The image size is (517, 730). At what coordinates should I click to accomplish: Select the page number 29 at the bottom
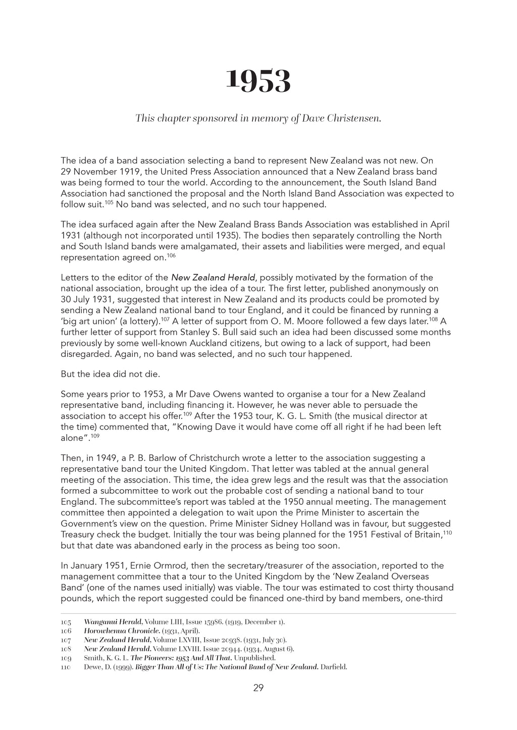click(x=258, y=688)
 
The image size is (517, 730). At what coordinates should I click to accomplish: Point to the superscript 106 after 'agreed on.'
click(x=171, y=255)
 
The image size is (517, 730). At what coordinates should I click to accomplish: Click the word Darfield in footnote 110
click(x=334, y=667)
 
